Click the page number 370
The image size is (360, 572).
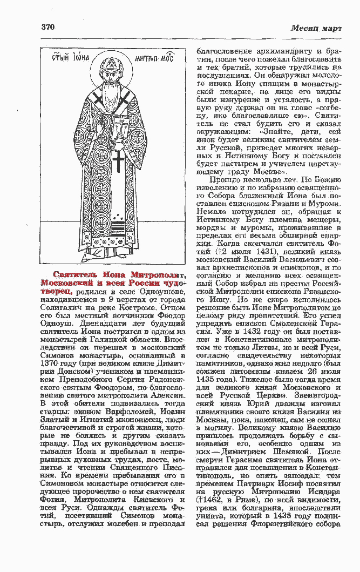coord(48,27)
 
